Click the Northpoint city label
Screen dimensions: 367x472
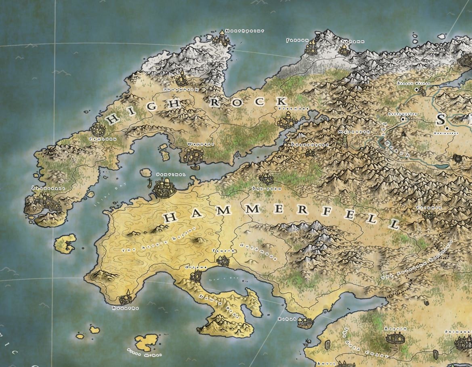(x=245, y=31)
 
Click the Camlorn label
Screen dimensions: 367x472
(x=103, y=138)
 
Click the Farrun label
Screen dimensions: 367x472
(x=297, y=40)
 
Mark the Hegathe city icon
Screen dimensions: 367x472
(x=125, y=299)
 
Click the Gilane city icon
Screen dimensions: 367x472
(x=196, y=276)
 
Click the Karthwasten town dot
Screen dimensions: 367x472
(x=403, y=120)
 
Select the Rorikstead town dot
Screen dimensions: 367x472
(x=447, y=128)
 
